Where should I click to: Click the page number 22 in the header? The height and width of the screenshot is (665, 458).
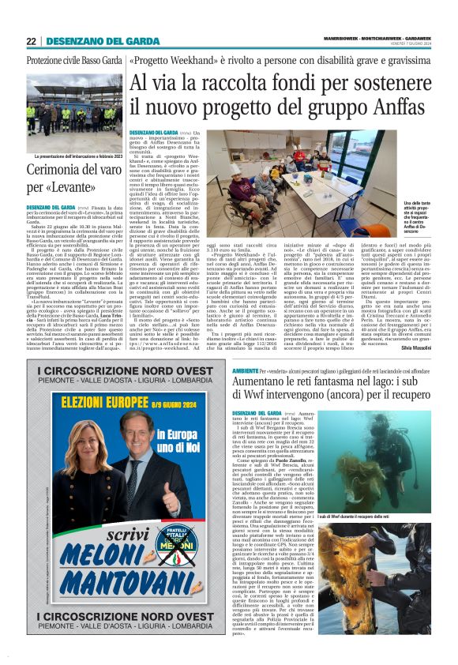coord(31,41)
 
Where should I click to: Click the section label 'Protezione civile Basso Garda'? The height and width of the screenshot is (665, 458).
coord(69,61)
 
